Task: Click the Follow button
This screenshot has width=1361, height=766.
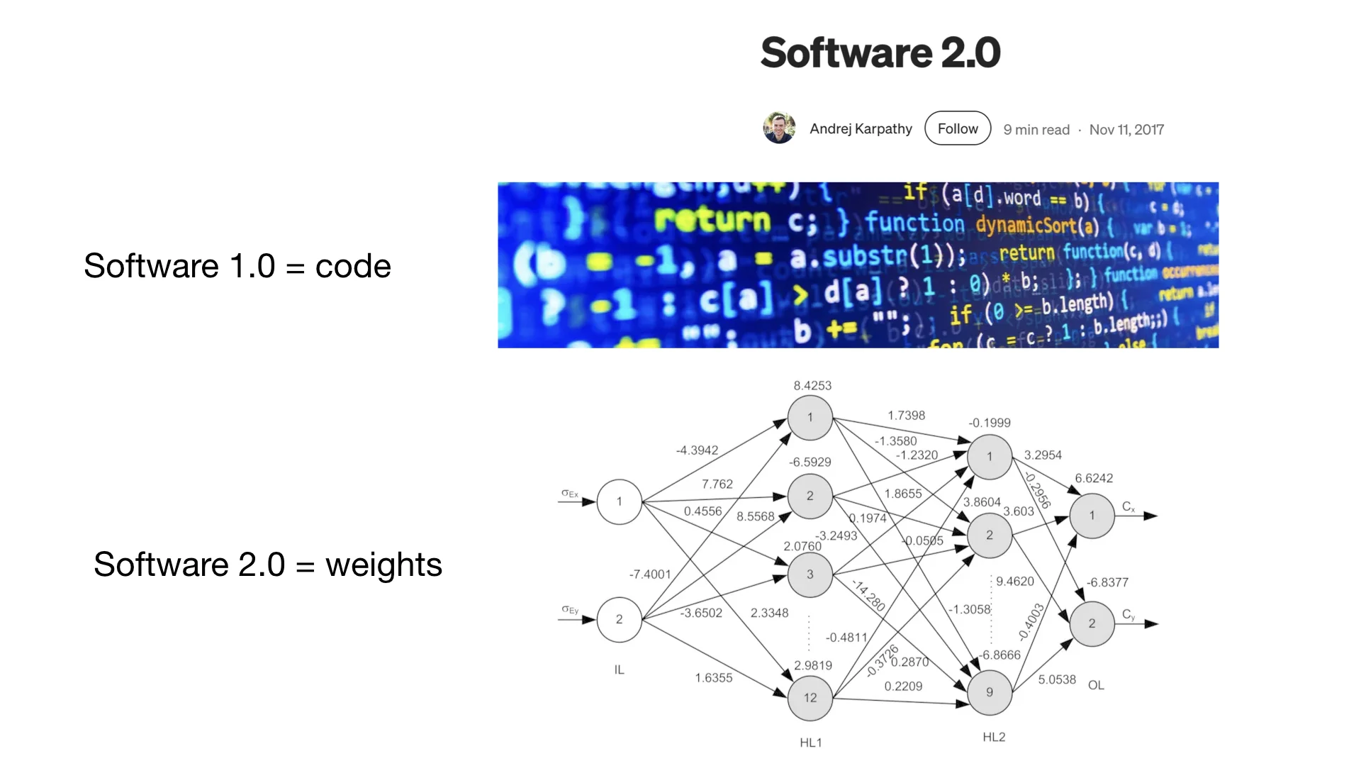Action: tap(958, 128)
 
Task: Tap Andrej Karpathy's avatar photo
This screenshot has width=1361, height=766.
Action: tap(779, 128)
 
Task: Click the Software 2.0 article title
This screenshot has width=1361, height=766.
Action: tap(880, 52)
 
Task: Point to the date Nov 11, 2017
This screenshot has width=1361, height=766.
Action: tap(1126, 130)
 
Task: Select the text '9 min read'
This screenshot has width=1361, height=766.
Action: tap(1036, 130)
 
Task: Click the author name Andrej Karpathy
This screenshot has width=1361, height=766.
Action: tap(861, 128)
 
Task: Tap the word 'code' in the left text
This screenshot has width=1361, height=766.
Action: tap(353, 267)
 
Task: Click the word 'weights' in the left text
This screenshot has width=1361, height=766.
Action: tap(383, 565)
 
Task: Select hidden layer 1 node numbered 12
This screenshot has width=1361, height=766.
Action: tap(810, 698)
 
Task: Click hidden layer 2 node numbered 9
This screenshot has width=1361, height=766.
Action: tap(990, 692)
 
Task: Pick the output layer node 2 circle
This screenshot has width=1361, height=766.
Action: tap(1092, 623)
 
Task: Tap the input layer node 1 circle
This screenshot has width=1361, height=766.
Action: tap(619, 501)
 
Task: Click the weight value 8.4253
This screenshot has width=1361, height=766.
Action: tap(812, 386)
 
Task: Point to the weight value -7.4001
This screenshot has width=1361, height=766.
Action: tap(650, 574)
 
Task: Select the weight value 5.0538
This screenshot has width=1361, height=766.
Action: tap(1057, 679)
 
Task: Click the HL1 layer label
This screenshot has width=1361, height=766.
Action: tap(811, 743)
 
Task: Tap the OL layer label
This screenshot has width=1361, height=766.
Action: tap(1096, 685)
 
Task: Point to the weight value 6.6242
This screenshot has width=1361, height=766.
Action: tap(1094, 478)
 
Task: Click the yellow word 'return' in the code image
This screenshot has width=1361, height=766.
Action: tap(712, 221)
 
